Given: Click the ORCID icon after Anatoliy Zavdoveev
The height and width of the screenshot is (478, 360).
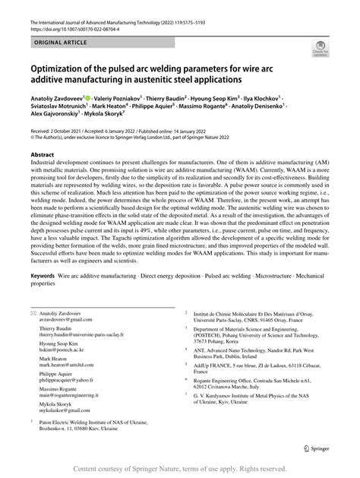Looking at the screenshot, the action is point(109,98).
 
